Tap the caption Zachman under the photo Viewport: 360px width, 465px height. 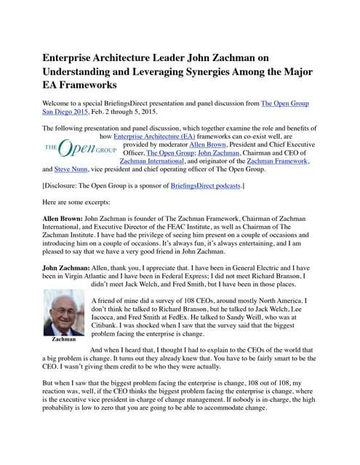click(64, 339)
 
